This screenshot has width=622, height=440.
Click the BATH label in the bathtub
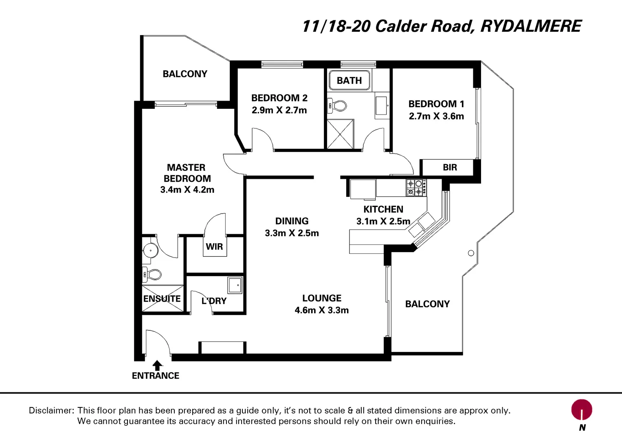pyautogui.click(x=349, y=81)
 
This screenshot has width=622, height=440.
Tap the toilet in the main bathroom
pyautogui.click(x=338, y=106)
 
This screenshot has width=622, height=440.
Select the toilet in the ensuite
pyautogui.click(x=153, y=275)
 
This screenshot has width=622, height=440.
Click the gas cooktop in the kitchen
pyautogui.click(x=416, y=187)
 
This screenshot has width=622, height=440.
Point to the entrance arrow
pyautogui.click(x=158, y=365)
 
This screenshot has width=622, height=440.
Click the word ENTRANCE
pyautogui.click(x=156, y=376)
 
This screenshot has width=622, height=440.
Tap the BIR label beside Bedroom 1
pyautogui.click(x=450, y=167)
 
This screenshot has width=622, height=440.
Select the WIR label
pyautogui.click(x=214, y=246)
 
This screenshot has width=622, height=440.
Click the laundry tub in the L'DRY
pyautogui.click(x=235, y=285)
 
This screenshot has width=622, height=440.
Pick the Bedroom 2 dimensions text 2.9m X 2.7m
pyautogui.click(x=279, y=110)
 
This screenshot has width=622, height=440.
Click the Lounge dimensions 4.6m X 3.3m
pyautogui.click(x=321, y=310)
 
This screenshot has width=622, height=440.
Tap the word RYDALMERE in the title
pyautogui.click(x=530, y=26)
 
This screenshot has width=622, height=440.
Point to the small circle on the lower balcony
pyautogui.click(x=471, y=253)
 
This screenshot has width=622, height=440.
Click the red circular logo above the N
pyautogui.click(x=581, y=409)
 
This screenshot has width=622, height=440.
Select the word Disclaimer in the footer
pyautogui.click(x=51, y=410)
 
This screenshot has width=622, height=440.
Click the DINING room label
pyautogui.click(x=292, y=221)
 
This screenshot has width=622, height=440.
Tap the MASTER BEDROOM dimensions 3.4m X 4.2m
pyautogui.click(x=187, y=189)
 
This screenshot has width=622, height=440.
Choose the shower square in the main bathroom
pyautogui.click(x=341, y=134)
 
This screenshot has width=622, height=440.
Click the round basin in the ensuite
pyautogui.click(x=151, y=250)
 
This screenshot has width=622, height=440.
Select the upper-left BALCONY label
pyautogui.click(x=185, y=74)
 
